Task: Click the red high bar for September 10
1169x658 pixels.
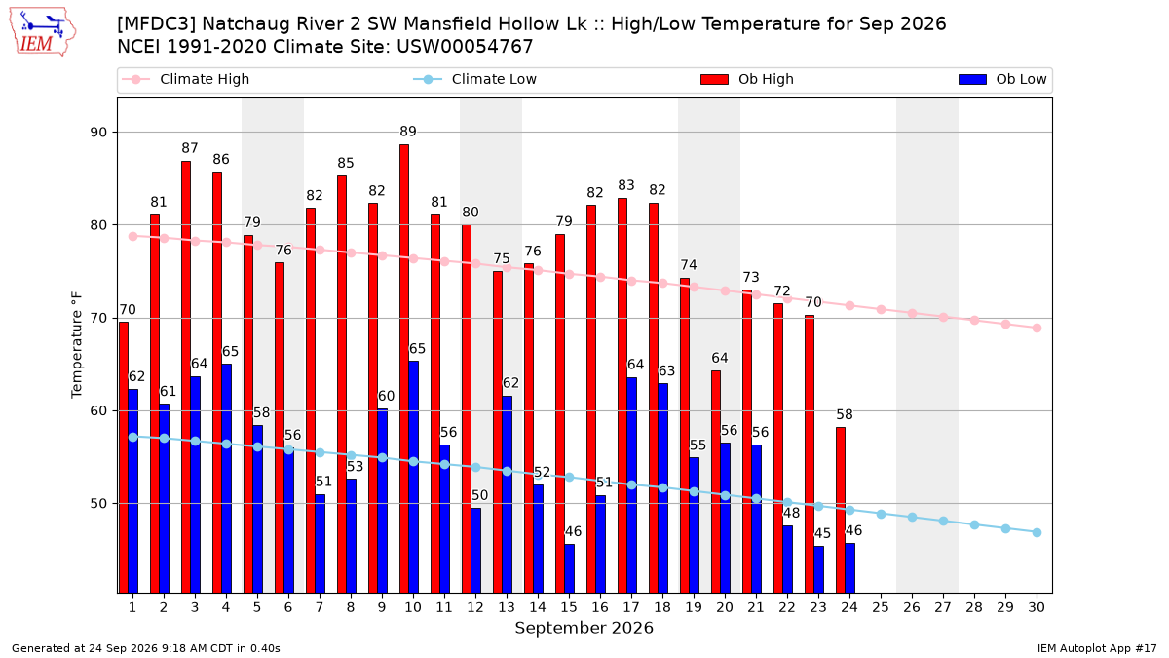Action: [x=404, y=368]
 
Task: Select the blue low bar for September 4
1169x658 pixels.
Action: [x=226, y=479]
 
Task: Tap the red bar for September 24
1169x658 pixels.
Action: [x=840, y=510]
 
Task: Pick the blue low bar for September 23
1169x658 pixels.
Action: [x=819, y=569]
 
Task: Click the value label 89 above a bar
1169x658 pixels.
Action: [x=408, y=132]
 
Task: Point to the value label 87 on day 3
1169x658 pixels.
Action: [x=190, y=148]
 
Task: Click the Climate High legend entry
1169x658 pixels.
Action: [x=186, y=79]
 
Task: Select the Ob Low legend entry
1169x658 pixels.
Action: [x=1002, y=79]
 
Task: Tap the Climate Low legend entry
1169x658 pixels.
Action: [x=474, y=79]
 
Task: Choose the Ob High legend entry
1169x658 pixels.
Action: [x=747, y=79]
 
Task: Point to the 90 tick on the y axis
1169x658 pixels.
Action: [x=98, y=133]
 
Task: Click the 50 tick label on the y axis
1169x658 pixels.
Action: [x=98, y=504]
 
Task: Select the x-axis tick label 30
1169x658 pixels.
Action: [x=1037, y=607]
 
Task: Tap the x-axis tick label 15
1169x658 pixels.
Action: [x=569, y=607]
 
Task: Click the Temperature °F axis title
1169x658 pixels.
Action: [x=77, y=345]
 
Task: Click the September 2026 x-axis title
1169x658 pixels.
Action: [x=584, y=628]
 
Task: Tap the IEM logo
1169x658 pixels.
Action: [x=43, y=32]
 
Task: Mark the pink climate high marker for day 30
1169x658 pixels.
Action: [x=1037, y=328]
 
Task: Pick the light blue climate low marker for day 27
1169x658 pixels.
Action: [x=944, y=522]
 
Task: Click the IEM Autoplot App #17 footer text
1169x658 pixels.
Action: [x=1097, y=648]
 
